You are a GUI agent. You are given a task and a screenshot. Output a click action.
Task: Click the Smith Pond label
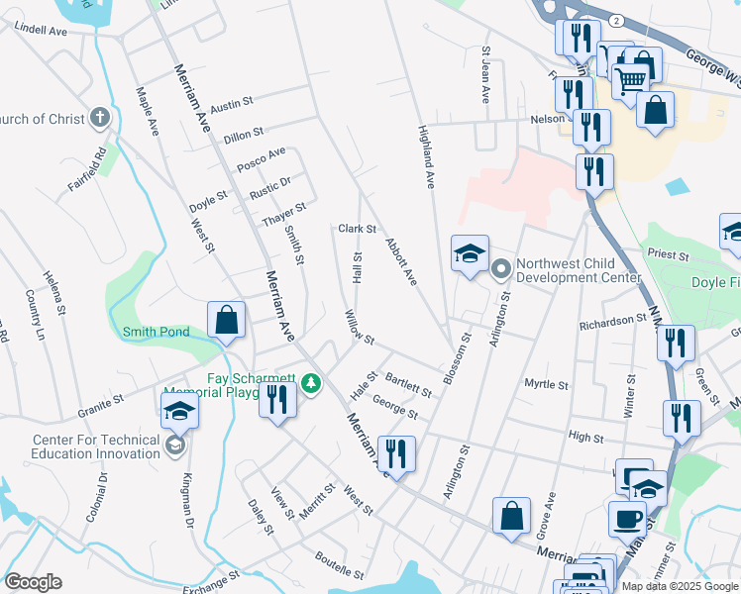[x=156, y=332]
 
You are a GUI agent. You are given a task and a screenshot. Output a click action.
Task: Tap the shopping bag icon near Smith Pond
[x=226, y=320]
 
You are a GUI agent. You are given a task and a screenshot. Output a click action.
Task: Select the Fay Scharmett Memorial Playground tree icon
[x=311, y=382]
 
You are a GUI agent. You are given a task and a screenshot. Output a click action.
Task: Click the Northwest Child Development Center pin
[x=500, y=266]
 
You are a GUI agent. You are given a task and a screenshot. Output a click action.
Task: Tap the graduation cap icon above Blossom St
[x=470, y=253]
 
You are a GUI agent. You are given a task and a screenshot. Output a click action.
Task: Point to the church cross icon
[x=99, y=119]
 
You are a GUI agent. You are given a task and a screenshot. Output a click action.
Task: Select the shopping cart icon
[x=630, y=78]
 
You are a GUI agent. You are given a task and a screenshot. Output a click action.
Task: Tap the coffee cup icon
[x=626, y=518]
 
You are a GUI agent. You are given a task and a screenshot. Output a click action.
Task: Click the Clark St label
[x=358, y=229]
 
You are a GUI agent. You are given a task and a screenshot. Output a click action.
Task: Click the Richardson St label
[x=614, y=321]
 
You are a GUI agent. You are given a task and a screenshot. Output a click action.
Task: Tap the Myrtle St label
[x=546, y=384]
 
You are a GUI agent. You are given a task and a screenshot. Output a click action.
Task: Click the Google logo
[x=33, y=582]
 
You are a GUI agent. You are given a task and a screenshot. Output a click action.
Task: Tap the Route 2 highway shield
[x=617, y=19]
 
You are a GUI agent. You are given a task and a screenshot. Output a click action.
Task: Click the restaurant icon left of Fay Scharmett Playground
[x=276, y=399]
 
